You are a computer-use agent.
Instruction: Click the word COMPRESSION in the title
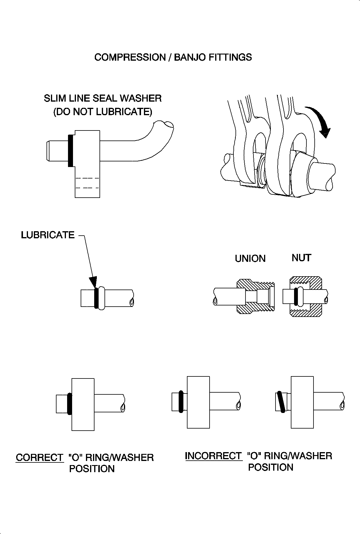(x=130, y=57)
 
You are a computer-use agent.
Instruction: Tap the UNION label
(x=250, y=258)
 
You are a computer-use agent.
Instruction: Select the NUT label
(x=301, y=258)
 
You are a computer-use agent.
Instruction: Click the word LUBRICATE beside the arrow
(x=48, y=235)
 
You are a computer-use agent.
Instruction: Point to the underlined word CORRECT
(x=39, y=457)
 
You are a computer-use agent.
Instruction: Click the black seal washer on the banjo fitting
(x=70, y=151)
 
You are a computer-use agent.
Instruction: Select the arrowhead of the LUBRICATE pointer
(x=93, y=282)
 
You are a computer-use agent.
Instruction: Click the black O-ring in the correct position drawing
(x=69, y=404)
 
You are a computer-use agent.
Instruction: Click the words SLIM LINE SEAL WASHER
(x=103, y=98)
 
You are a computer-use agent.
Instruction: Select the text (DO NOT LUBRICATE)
(x=103, y=112)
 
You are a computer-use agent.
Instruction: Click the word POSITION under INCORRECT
(x=271, y=467)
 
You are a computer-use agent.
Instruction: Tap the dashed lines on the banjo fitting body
(x=87, y=183)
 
